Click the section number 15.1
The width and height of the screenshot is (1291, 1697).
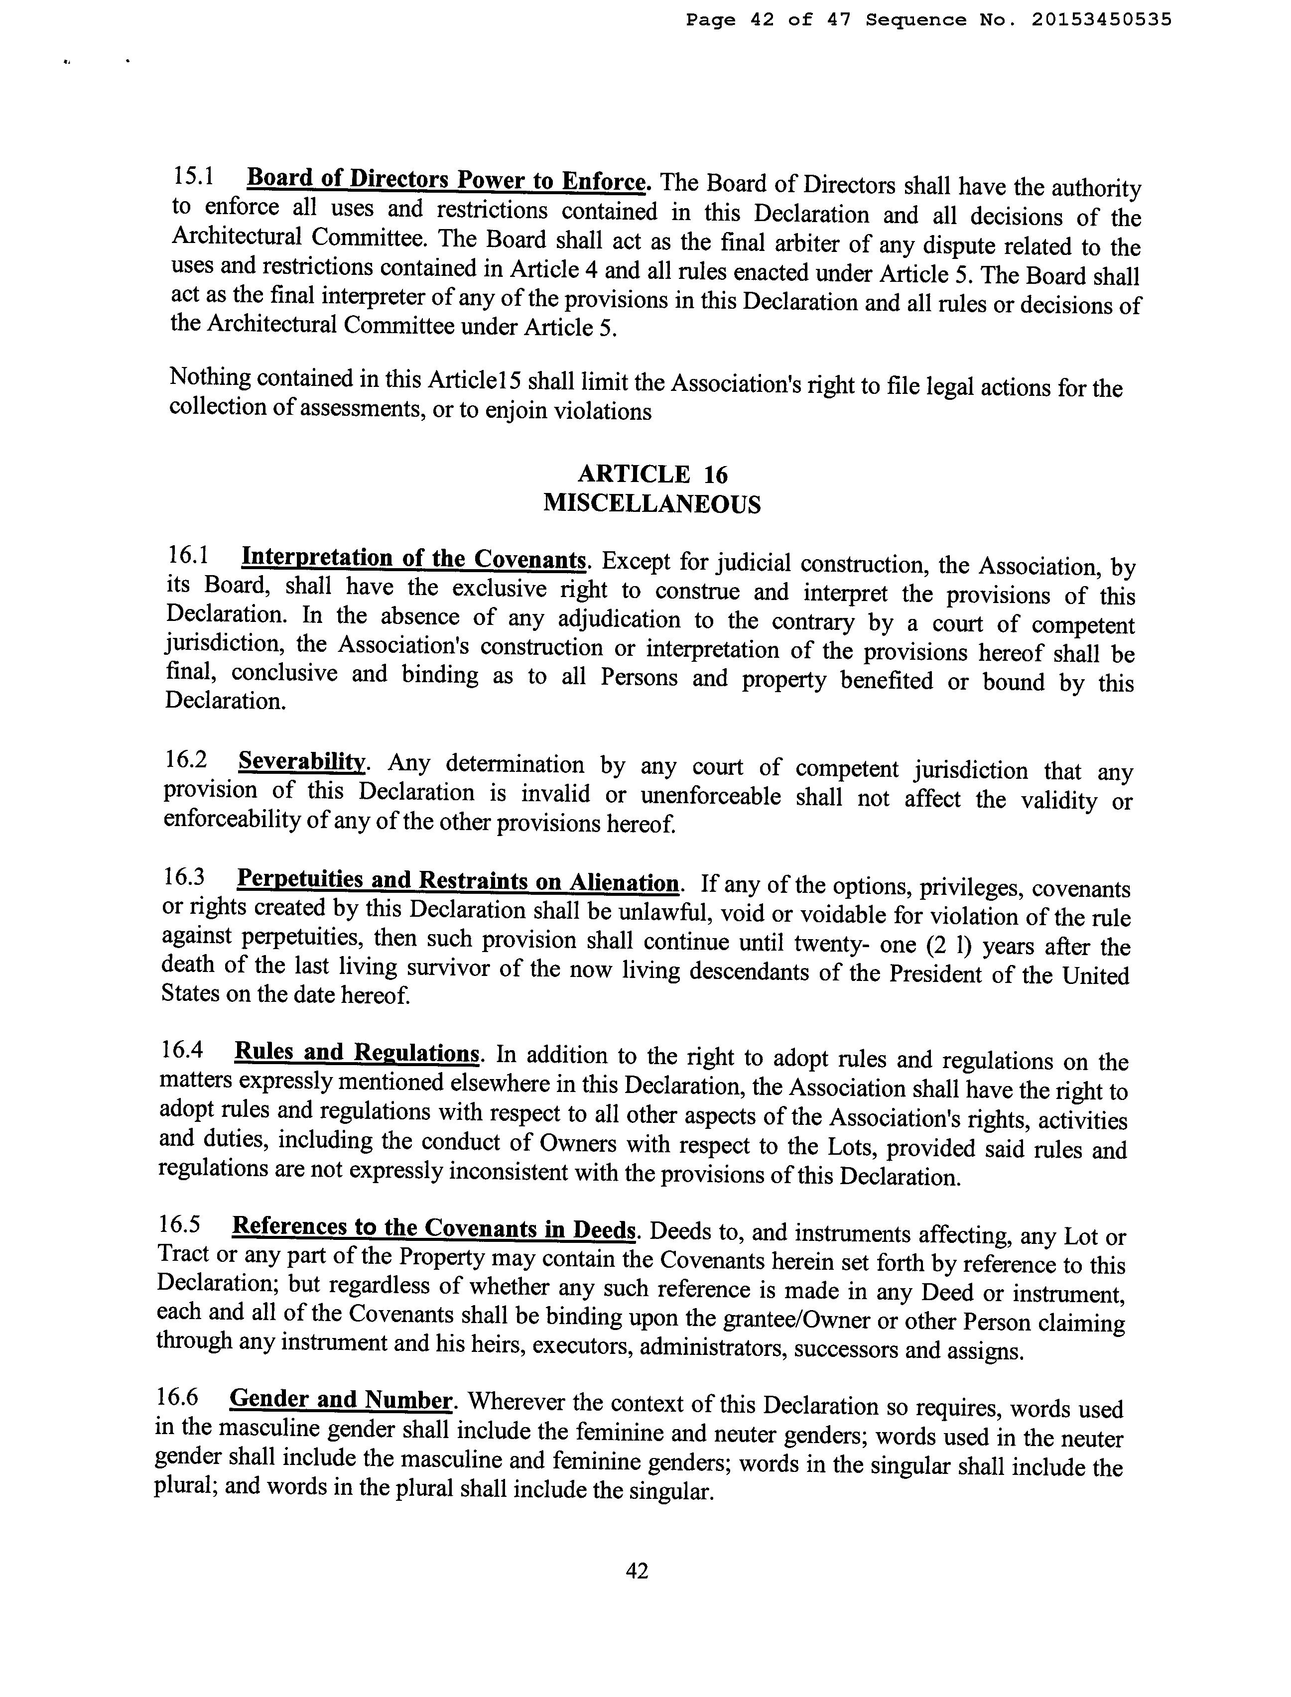pos(193,176)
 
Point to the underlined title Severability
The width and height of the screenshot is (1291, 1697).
pos(301,761)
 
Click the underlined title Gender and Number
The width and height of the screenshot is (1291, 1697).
pos(340,1400)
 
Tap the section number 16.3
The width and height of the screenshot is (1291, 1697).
pos(184,876)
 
